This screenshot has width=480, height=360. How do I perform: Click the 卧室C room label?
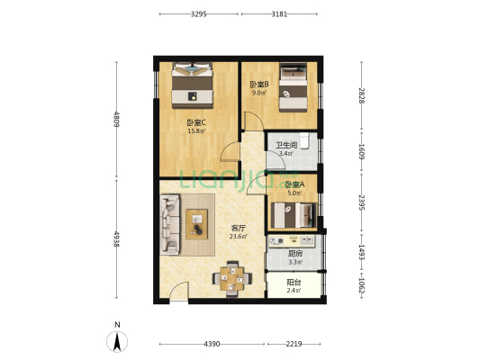196,123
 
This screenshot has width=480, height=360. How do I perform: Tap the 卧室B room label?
259,84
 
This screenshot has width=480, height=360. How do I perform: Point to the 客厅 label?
238,228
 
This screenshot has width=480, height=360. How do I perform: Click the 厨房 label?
295,254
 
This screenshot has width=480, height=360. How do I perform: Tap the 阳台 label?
294,283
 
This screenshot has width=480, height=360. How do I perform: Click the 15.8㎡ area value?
196,131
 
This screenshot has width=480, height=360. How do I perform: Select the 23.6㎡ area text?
239,236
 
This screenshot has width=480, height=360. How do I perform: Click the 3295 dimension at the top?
199,14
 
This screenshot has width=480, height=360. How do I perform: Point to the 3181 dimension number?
279,14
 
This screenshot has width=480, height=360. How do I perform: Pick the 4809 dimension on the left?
116,120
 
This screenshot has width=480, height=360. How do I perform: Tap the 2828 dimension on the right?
361,95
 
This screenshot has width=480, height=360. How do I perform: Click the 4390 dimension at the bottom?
212,344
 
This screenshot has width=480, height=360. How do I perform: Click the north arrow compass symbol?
117,341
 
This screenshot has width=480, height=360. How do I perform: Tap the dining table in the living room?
232,279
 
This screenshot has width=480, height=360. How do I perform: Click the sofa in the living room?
169,224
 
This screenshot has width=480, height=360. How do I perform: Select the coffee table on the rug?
197,224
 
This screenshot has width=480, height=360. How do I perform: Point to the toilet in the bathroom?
304,140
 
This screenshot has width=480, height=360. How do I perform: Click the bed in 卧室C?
192,85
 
